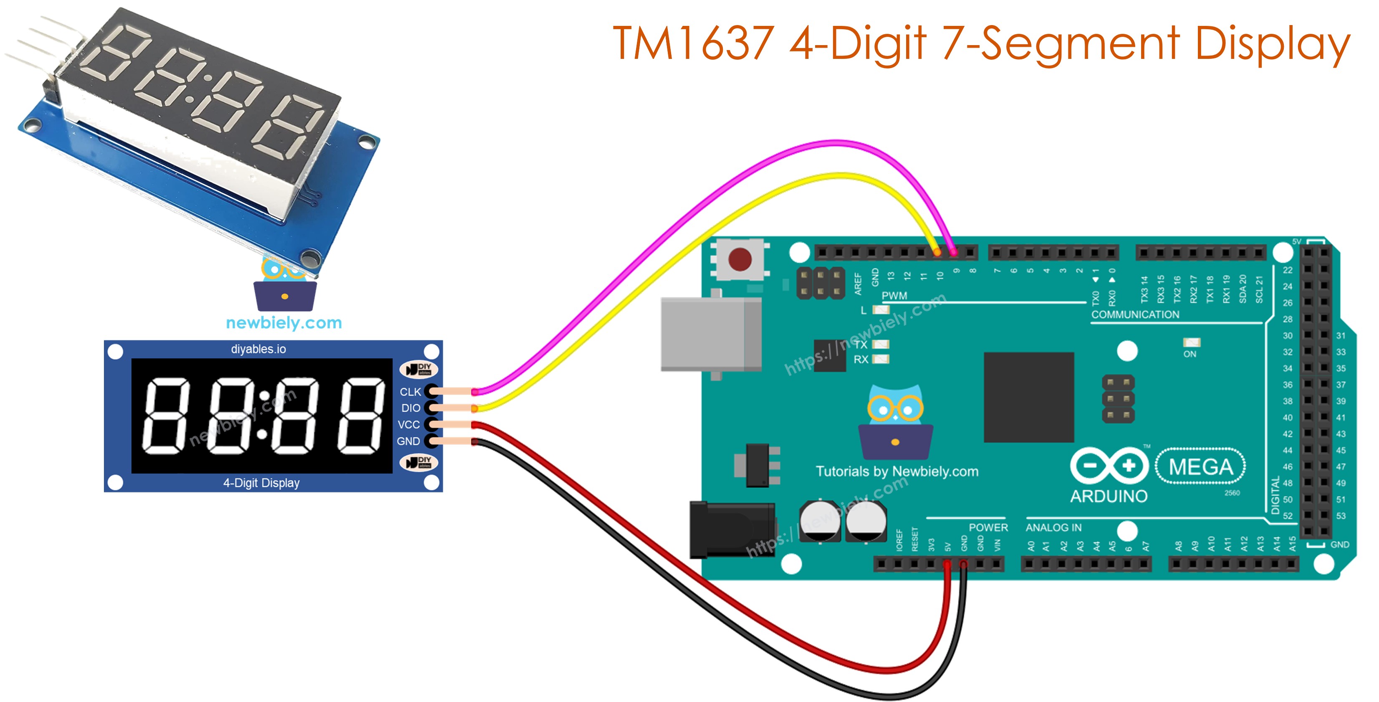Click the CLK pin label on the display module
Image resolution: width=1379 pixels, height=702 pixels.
(410, 392)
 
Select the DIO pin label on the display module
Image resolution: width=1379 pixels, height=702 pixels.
(411, 408)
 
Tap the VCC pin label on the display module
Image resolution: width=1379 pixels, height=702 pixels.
(409, 425)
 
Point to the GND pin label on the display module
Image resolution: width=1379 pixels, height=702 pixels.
(408, 441)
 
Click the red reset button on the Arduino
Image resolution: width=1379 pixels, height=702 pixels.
(740, 259)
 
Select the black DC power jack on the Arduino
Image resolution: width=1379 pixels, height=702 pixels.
(731, 530)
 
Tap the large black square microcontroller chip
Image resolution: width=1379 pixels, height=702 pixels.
(1028, 397)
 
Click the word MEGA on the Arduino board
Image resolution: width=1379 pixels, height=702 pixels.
(1200, 467)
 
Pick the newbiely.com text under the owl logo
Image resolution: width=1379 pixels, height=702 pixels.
(284, 323)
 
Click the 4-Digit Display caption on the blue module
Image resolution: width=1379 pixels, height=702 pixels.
(261, 483)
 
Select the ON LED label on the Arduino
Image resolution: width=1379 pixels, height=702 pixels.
(1190, 354)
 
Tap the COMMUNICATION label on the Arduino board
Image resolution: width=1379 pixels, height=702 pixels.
(1135, 314)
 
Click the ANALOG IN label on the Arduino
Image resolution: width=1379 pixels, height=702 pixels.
(1053, 527)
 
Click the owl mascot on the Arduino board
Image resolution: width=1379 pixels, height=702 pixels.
(895, 421)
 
